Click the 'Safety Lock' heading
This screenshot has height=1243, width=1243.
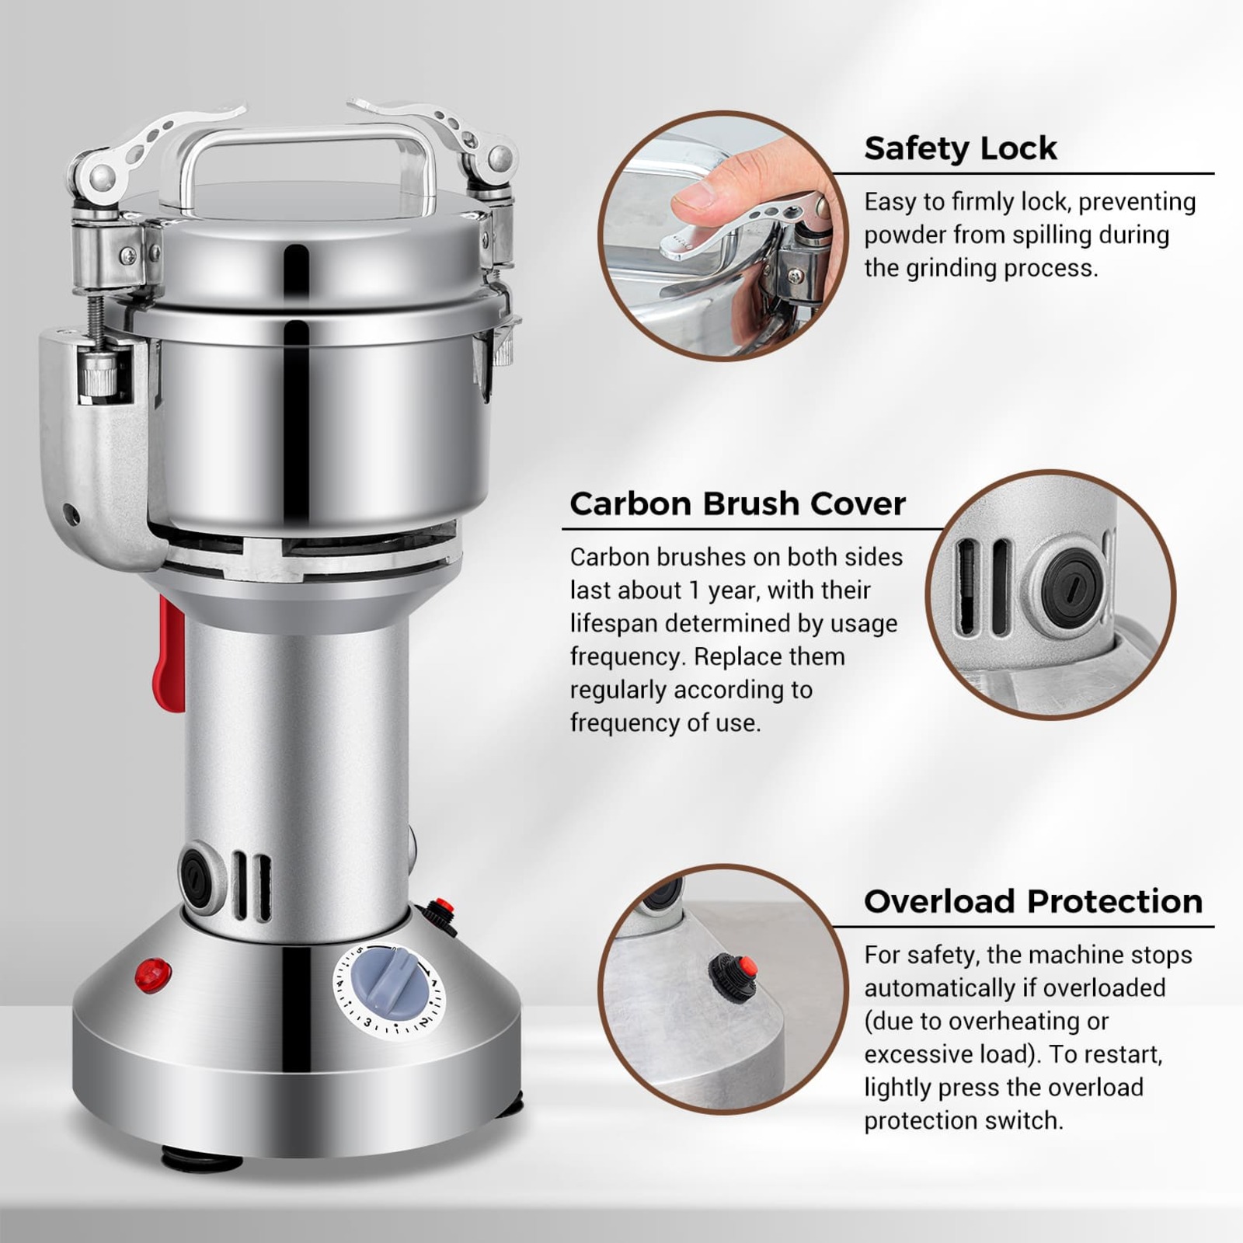(x=959, y=148)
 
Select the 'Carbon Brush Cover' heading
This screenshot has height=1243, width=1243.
(x=737, y=503)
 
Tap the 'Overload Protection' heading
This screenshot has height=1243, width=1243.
(x=1032, y=901)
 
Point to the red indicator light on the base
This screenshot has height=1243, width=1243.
(x=152, y=973)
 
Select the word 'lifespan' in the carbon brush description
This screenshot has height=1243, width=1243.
(x=615, y=623)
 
